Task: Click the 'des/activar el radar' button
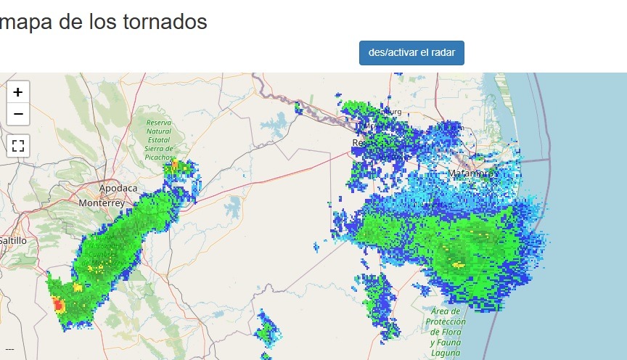[411, 53]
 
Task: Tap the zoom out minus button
[18, 114]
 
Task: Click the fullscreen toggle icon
[18, 145]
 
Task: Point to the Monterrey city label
[102, 203]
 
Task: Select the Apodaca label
[118, 188]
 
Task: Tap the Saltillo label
[12, 240]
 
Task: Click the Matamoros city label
[472, 174]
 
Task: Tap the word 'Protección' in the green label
[446, 322]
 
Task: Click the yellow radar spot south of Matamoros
[458, 264]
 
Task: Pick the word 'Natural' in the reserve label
[158, 131]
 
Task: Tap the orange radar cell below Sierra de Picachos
[174, 164]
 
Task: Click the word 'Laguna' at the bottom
[446, 353]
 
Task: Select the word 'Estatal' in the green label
[158, 139]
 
